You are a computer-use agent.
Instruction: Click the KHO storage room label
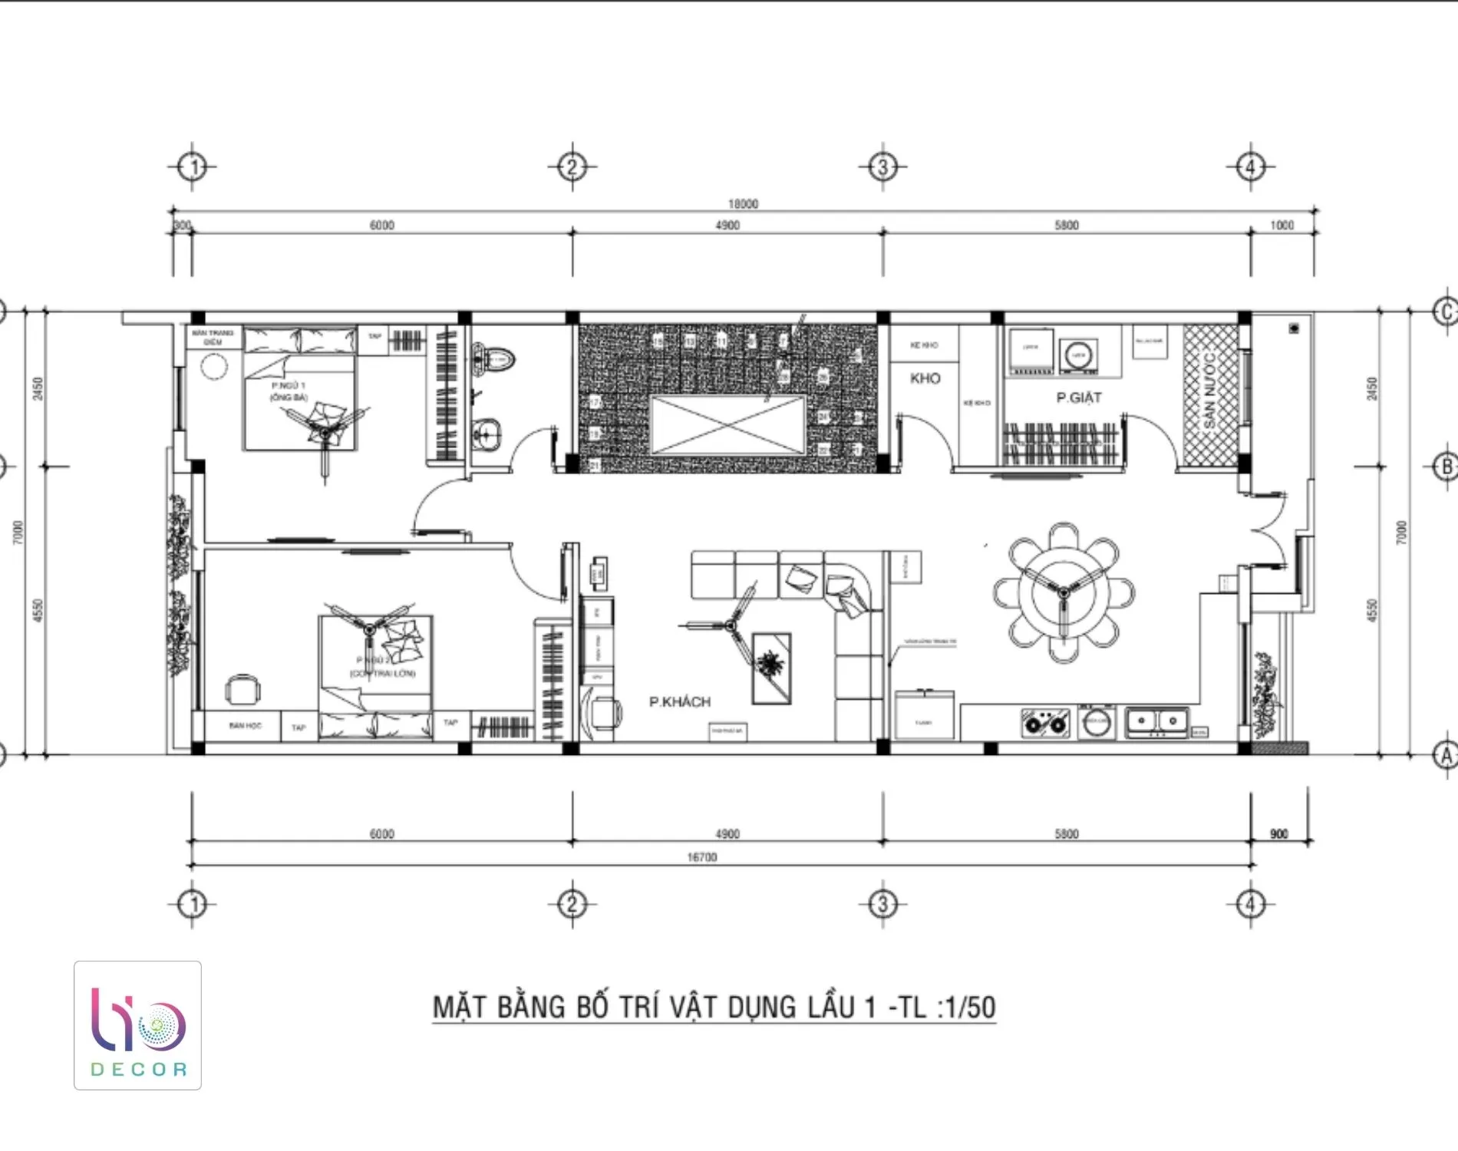pos(925,378)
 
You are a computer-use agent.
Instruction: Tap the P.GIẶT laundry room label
pos(1078,397)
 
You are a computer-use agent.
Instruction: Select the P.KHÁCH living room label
pos(680,701)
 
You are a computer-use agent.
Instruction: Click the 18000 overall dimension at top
pos(743,203)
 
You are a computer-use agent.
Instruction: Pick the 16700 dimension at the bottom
pos(702,857)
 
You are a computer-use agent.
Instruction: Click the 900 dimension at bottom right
pos(1279,834)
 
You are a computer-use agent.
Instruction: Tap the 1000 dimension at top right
pos(1282,225)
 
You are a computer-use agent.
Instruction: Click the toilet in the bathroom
pos(495,358)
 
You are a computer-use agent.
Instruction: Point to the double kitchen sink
pos(1156,721)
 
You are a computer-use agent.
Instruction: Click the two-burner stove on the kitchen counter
pos(1045,723)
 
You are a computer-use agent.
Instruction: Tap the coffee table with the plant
pos(771,667)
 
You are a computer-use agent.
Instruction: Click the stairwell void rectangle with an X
pos(727,425)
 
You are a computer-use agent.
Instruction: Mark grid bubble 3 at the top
pos(882,167)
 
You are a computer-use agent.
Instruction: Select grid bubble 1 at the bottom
pos(192,905)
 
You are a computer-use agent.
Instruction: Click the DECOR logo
pos(138,1026)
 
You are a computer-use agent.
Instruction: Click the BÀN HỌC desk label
pos(245,725)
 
